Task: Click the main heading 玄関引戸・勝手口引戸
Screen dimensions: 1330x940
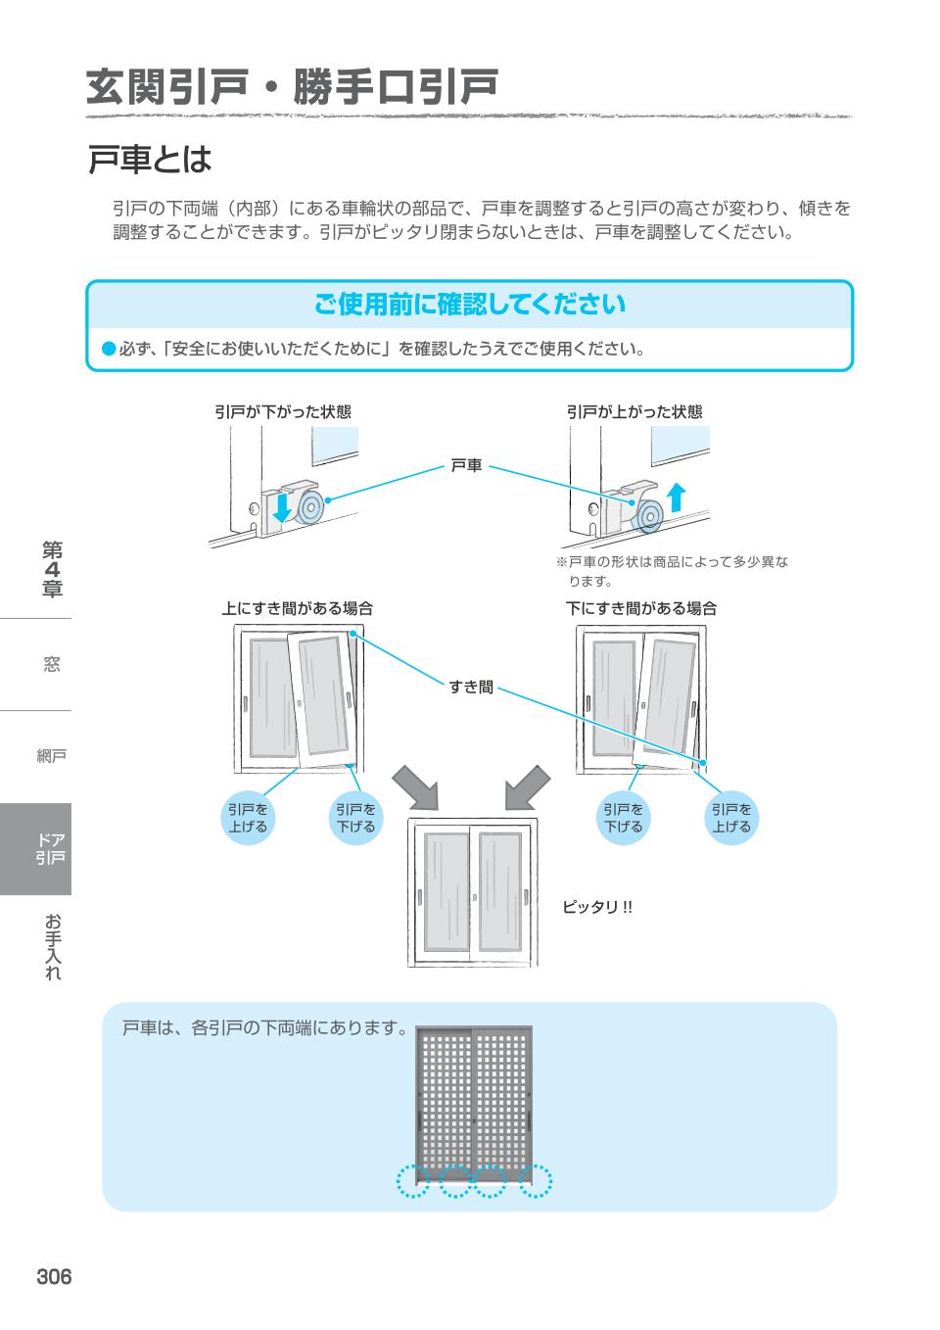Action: (292, 87)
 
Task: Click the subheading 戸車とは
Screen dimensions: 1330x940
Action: (150, 159)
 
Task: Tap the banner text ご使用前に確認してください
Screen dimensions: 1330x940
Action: (469, 305)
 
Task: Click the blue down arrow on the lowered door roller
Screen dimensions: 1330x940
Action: (282, 507)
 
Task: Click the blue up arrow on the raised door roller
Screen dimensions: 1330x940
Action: (675, 498)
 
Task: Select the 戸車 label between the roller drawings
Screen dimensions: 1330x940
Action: (466, 465)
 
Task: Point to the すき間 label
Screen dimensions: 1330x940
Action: (471, 687)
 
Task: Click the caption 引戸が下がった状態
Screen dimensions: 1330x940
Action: (282, 411)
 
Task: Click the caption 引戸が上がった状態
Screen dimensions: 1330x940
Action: (634, 411)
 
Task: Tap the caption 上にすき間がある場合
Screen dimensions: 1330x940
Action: (297, 608)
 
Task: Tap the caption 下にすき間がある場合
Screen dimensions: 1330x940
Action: (641, 608)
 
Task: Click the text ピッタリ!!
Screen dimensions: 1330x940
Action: (596, 907)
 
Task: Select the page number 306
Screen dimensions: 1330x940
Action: (54, 1277)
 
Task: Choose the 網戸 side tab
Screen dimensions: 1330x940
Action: (51, 755)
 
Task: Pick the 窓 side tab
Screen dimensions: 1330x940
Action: (51, 664)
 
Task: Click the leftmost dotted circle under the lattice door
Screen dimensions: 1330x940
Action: (413, 1181)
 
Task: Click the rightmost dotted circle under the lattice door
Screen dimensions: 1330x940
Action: (536, 1181)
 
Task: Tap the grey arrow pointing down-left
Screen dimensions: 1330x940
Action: (528, 786)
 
